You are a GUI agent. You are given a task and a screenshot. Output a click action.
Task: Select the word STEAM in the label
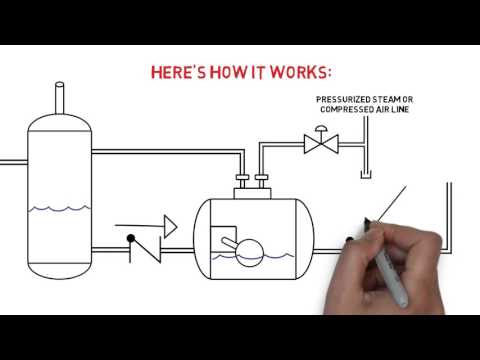pos(394,100)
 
